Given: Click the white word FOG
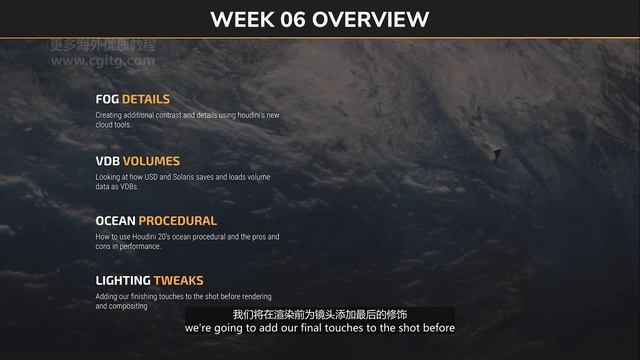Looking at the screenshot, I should tap(107, 99).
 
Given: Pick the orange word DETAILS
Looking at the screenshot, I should tap(146, 99).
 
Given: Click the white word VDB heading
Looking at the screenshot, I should tap(108, 160).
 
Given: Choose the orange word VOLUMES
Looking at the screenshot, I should tap(151, 160).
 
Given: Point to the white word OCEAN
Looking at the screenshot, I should tap(115, 220).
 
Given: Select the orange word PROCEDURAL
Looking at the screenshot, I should tap(177, 220).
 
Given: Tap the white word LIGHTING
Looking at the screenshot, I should tap(123, 281).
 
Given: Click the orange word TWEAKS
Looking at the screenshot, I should tap(178, 281).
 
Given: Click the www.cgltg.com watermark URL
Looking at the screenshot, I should tap(103, 61).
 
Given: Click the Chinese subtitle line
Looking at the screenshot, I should tap(319, 314).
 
